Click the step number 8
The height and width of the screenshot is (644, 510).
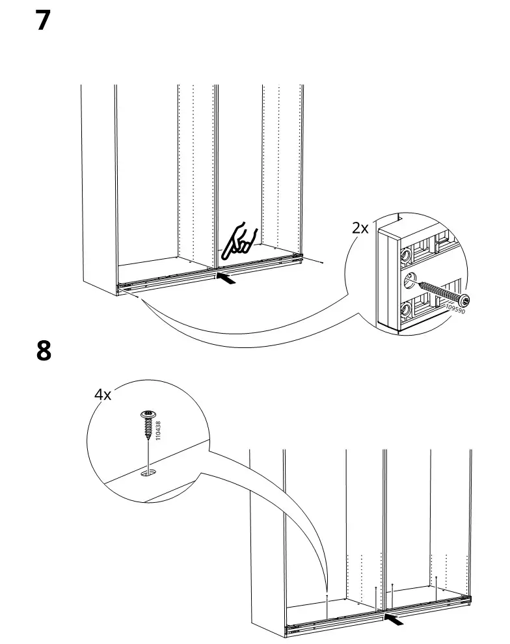pos(43,351)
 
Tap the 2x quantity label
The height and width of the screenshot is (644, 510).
pos(360,228)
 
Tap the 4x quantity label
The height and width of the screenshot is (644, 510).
pos(103,395)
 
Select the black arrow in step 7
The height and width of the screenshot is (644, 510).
pos(224,279)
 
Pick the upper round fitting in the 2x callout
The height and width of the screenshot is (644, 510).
pos(405,256)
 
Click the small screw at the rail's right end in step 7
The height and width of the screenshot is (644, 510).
pos(323,262)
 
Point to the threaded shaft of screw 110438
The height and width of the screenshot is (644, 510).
pos(148,428)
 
